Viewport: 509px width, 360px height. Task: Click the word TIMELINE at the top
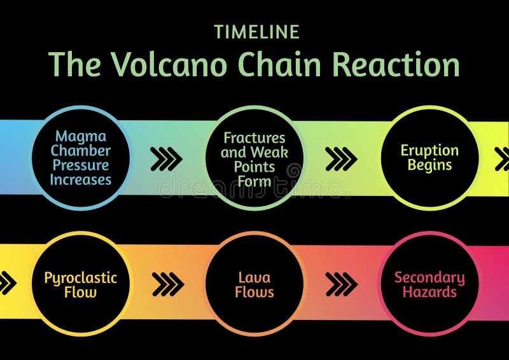[x=256, y=32]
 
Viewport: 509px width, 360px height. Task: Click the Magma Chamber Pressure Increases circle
[x=81, y=158]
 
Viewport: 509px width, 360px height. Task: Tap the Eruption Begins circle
[x=429, y=158]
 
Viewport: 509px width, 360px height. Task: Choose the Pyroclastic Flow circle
[x=81, y=284]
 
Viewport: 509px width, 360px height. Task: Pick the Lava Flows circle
[x=254, y=284]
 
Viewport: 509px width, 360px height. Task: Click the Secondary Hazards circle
[x=429, y=284]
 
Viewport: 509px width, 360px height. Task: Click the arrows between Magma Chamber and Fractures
[x=166, y=159]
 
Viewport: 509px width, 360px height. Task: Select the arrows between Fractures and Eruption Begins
[x=341, y=159]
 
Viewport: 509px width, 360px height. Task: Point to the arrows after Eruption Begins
[x=502, y=159]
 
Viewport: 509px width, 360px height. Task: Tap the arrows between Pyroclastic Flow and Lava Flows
[x=168, y=284]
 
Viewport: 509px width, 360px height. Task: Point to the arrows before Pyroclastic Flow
[x=7, y=283]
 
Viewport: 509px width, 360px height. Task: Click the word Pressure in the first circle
[x=81, y=165]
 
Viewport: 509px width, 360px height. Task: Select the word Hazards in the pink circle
[x=429, y=293]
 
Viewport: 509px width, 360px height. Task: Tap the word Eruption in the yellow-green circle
[x=429, y=151]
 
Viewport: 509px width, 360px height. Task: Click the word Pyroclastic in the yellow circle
[x=81, y=277]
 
